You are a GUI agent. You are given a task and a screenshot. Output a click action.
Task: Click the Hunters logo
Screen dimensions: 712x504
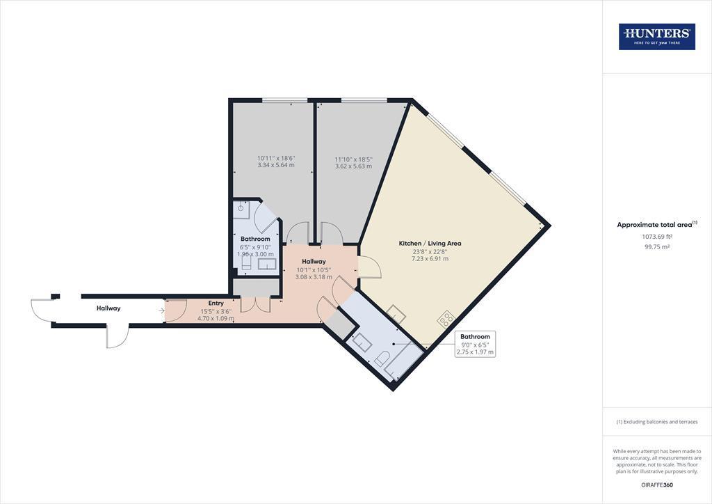pos(656,36)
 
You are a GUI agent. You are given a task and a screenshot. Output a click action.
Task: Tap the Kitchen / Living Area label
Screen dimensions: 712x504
pos(430,243)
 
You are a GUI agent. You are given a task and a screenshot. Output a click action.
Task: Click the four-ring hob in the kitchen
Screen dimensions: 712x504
pos(446,319)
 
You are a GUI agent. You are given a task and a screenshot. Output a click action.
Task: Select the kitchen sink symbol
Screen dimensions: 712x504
pos(396,313)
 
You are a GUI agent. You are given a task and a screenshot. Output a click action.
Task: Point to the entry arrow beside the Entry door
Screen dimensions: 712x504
pos(161,310)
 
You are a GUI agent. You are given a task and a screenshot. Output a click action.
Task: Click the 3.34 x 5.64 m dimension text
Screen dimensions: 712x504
pos(276,165)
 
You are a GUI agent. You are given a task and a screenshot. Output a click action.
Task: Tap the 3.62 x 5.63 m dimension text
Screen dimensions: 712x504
pos(353,166)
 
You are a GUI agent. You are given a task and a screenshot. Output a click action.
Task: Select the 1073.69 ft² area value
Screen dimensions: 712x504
pos(656,236)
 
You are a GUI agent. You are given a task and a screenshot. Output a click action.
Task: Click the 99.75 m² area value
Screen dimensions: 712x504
pos(656,246)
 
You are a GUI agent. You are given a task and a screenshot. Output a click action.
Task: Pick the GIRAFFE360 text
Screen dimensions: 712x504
pos(657,485)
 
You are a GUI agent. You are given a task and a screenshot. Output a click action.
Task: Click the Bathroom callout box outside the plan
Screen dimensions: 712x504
pos(475,344)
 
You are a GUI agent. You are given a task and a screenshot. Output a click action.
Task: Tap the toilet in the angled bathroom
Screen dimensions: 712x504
pos(382,359)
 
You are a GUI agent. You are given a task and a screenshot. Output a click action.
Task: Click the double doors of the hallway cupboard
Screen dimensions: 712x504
pos(255,304)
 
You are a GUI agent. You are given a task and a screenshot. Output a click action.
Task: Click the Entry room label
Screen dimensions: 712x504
pos(216,303)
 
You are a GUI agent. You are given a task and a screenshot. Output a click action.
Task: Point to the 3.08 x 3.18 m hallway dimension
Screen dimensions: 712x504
pos(314,277)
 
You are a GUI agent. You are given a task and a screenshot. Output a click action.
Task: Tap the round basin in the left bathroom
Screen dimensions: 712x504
pos(242,209)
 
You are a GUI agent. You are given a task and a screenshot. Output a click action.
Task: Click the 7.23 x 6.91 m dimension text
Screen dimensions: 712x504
pos(430,258)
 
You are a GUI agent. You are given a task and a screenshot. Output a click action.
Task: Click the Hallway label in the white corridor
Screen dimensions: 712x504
pos(108,308)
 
